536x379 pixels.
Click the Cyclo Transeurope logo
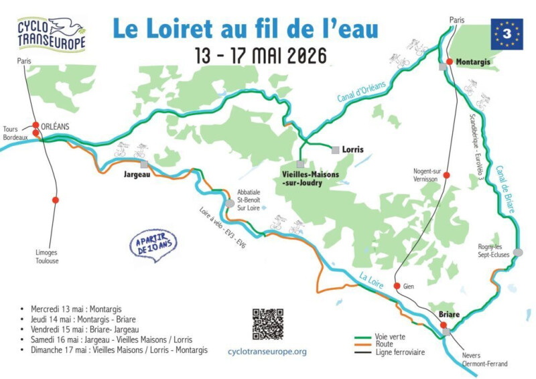[52, 34]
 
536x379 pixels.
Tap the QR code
[267, 324]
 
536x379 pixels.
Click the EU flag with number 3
[507, 33]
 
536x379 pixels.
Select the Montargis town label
[473, 62]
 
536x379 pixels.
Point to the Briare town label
[449, 314]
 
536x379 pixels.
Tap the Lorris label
[352, 149]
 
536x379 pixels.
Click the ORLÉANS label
[56, 125]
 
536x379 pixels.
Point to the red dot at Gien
[397, 286]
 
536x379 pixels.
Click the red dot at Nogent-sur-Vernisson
[448, 175]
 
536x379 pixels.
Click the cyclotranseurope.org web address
[267, 351]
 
